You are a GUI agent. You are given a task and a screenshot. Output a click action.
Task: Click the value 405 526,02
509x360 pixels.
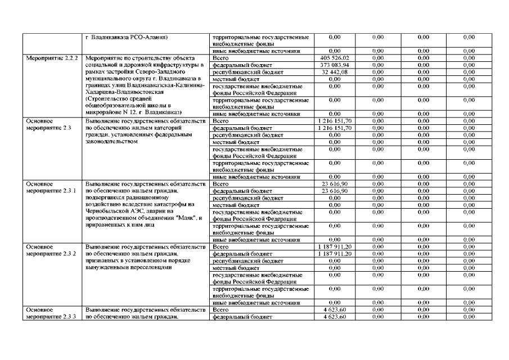[x=335, y=58]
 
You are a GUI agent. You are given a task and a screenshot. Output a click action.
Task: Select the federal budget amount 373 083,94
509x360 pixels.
[x=335, y=65]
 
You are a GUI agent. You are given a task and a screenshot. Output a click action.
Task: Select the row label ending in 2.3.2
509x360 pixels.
[x=51, y=254]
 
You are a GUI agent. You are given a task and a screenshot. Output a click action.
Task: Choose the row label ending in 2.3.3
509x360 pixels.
[x=51, y=317]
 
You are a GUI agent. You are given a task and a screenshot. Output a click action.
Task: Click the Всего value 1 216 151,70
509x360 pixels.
[x=335, y=121]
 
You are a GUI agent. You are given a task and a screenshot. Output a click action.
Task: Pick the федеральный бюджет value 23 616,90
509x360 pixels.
[x=335, y=191]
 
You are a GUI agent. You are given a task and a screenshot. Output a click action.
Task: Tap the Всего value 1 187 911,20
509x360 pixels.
[x=335, y=247]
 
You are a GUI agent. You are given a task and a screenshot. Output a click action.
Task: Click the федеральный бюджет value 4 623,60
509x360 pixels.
[x=335, y=317]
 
